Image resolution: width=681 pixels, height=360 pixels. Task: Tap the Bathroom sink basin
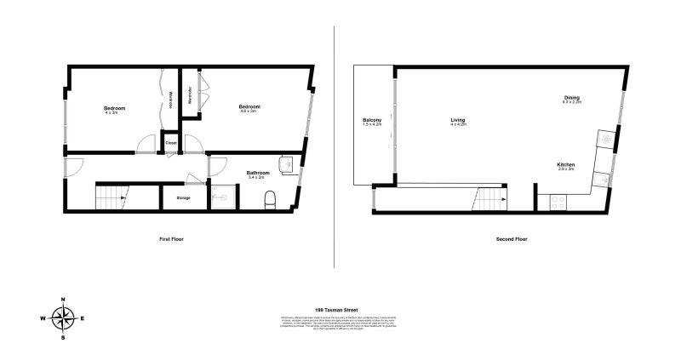click(x=287, y=164)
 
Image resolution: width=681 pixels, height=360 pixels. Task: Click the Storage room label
click(x=183, y=198)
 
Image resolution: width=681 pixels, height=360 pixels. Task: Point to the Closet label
click(x=171, y=143)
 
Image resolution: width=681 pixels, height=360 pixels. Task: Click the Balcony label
click(x=372, y=120)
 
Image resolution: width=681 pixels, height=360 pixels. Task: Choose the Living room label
click(x=458, y=120)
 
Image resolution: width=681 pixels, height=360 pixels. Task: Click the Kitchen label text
click(x=566, y=163)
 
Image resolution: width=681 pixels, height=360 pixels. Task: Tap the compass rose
click(x=62, y=318)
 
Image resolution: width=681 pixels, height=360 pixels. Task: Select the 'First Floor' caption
click(x=171, y=239)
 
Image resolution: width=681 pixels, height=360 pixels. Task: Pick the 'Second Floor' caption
click(x=512, y=239)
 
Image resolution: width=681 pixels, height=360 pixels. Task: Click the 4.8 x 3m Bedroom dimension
click(x=249, y=111)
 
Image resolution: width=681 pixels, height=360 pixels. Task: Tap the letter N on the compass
click(x=62, y=300)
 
